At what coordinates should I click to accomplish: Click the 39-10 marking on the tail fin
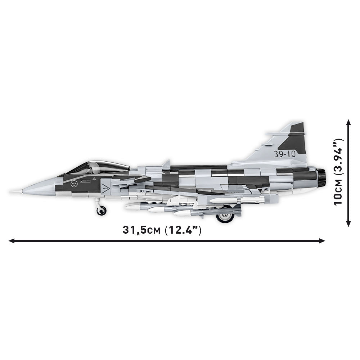pyautogui.click(x=284, y=154)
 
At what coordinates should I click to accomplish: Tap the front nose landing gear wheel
pyautogui.click(x=102, y=211)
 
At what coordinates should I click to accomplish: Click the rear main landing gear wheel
pyautogui.click(x=225, y=217)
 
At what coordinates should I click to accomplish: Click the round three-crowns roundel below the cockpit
pyautogui.click(x=75, y=184)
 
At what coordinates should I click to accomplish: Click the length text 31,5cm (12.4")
pyautogui.click(x=162, y=230)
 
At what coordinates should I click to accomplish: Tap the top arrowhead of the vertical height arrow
pyautogui.click(x=348, y=122)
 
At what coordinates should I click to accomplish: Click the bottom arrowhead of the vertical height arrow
pyautogui.click(x=348, y=224)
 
